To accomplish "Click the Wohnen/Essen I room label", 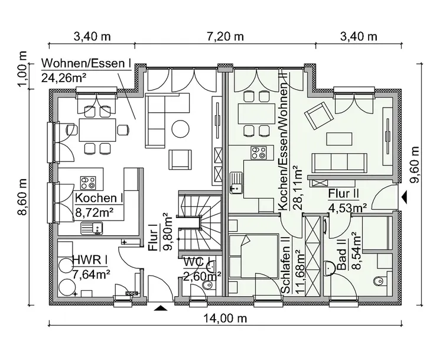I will [86, 63].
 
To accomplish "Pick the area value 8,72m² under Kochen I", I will [94, 210].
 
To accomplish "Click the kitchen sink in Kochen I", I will [93, 226].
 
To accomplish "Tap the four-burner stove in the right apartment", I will [258, 153].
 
